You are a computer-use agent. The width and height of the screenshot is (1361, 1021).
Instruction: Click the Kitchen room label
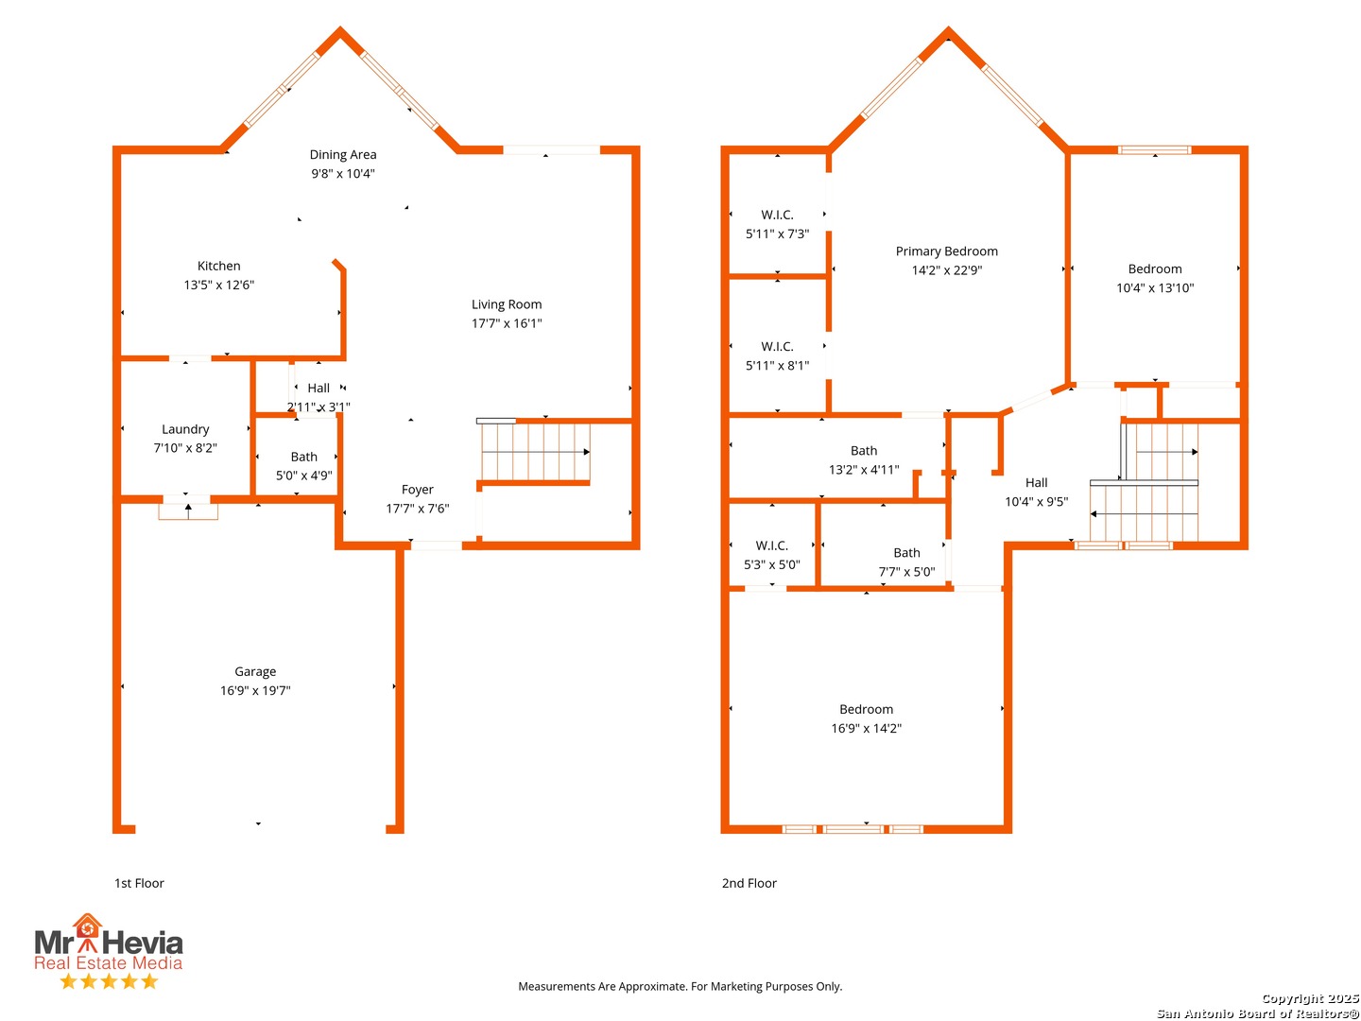pyautogui.click(x=218, y=266)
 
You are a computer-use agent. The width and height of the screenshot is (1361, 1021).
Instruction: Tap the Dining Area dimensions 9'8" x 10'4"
pyautogui.click(x=343, y=174)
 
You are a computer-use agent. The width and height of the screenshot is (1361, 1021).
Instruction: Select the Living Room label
pyautogui.click(x=507, y=303)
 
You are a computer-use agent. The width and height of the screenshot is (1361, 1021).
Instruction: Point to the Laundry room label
pyautogui.click(x=185, y=429)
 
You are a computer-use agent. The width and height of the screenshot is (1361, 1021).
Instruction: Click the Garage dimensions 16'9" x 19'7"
pyautogui.click(x=255, y=690)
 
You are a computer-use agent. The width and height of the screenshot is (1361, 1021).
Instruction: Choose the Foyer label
pyautogui.click(x=418, y=490)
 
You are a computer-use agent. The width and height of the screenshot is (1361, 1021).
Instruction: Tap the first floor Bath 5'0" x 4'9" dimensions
pyautogui.click(x=303, y=476)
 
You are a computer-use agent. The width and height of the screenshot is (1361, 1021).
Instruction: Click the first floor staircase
pyautogui.click(x=535, y=451)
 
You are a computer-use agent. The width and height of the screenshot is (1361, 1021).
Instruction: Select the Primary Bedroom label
pyautogui.click(x=947, y=251)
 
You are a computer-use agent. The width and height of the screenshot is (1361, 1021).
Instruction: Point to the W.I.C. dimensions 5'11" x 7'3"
pyautogui.click(x=777, y=234)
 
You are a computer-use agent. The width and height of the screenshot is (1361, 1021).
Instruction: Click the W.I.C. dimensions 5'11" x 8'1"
pyautogui.click(x=777, y=366)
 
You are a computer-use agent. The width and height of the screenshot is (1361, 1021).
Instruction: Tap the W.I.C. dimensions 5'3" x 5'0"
pyautogui.click(x=772, y=564)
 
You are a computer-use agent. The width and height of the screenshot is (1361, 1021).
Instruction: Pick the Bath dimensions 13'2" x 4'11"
pyautogui.click(x=864, y=470)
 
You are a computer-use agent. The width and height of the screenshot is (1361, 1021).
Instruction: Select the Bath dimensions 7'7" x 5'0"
pyautogui.click(x=906, y=572)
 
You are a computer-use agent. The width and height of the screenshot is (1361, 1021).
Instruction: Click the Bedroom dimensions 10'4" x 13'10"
pyautogui.click(x=1155, y=287)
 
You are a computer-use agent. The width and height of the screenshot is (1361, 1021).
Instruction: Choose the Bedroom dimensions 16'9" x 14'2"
pyautogui.click(x=866, y=728)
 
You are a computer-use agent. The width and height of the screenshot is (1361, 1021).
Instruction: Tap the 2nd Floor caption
pyautogui.click(x=749, y=883)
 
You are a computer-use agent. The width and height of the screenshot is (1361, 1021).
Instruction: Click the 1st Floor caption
pyautogui.click(x=139, y=883)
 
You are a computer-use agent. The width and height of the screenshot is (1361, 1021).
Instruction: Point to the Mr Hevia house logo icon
pyautogui.click(x=88, y=932)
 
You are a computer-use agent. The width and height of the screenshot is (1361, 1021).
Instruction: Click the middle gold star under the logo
pyautogui.click(x=109, y=981)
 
